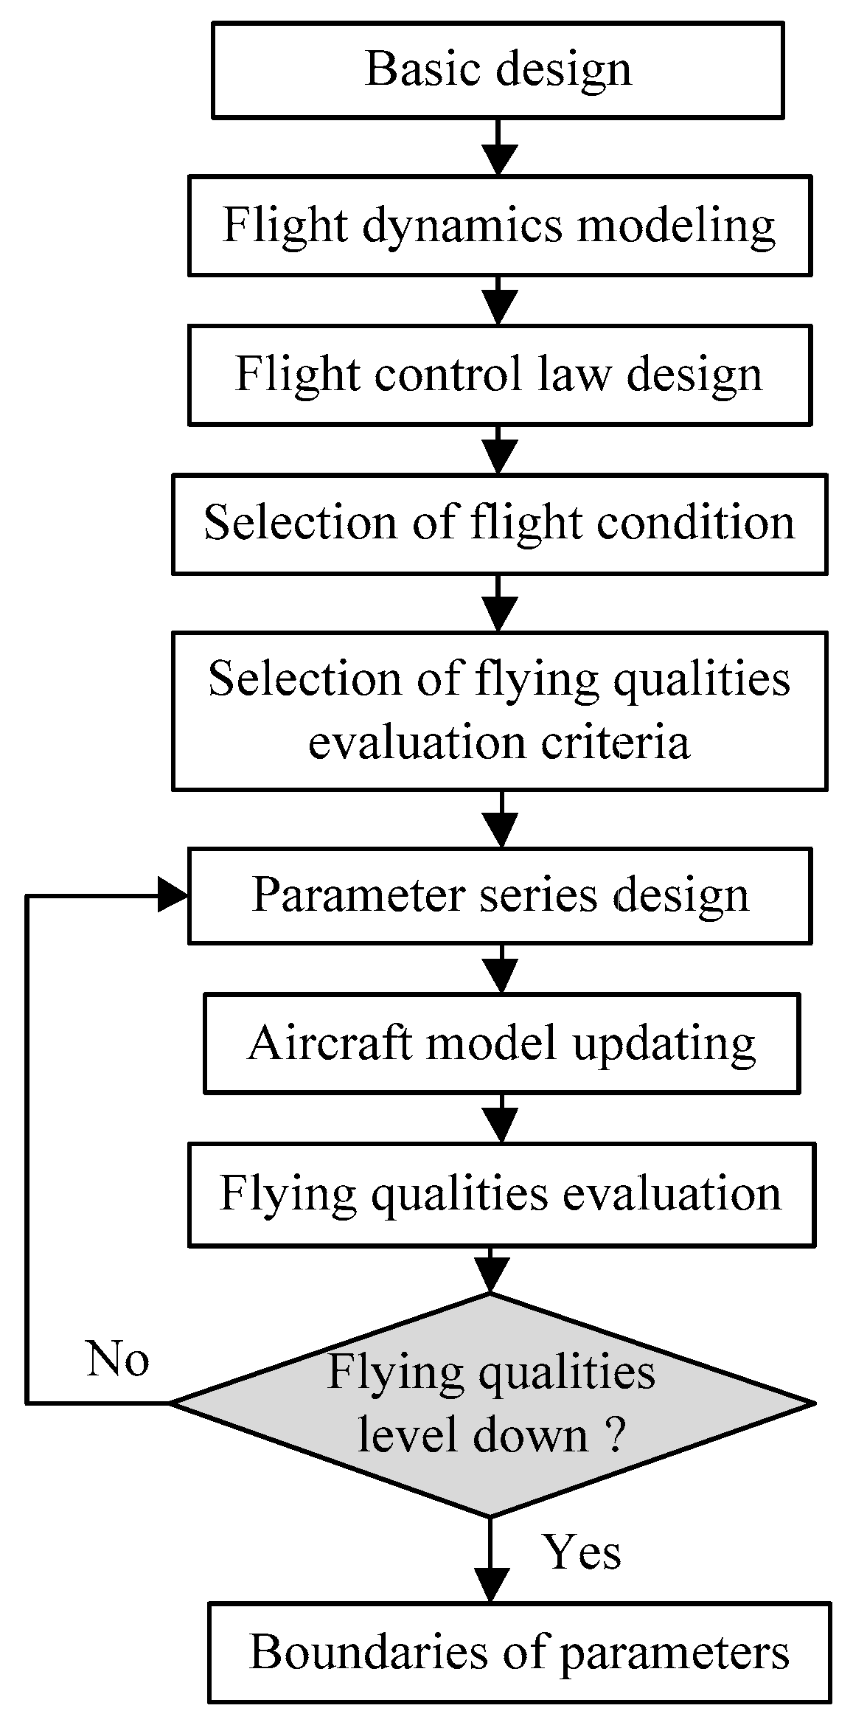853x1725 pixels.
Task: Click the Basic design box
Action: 498,70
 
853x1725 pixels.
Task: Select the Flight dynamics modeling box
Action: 499,226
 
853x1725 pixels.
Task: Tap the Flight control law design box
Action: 499,375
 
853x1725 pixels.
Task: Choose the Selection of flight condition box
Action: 499,524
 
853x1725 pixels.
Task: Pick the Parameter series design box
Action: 499,895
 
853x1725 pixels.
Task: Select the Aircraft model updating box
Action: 501,1044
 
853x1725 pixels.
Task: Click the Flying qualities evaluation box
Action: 501,1193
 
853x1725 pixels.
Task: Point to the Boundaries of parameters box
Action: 519,1652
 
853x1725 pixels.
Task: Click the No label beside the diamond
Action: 118,1358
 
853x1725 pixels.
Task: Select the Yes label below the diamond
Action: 582,1551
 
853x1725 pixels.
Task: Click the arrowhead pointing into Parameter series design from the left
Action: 174,895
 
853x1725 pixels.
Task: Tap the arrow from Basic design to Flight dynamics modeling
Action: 499,147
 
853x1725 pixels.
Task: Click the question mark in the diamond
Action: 614,1436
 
